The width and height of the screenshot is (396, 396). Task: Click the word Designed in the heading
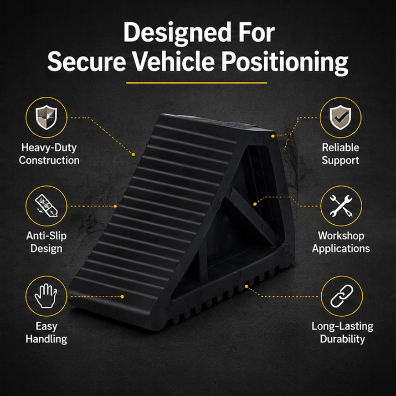(x=177, y=33)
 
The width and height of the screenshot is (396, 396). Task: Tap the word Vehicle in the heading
(x=174, y=61)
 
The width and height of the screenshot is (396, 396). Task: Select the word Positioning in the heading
(x=285, y=63)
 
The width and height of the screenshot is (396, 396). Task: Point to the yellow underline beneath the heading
(x=197, y=83)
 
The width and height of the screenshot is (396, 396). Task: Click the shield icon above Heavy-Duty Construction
(x=46, y=117)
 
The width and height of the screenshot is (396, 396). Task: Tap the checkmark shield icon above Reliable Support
(x=341, y=117)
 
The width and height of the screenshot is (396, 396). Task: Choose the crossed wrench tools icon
(x=341, y=206)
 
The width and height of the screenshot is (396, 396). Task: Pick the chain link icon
(x=342, y=296)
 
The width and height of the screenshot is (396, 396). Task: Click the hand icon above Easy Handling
(x=46, y=296)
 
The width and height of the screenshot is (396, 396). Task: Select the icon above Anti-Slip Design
(x=46, y=206)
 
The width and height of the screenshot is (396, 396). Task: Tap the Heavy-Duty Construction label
(x=49, y=154)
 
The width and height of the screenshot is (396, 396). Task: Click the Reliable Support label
(x=341, y=154)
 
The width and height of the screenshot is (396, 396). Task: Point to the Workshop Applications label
(x=341, y=242)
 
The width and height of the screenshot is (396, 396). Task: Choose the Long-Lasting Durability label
(x=342, y=332)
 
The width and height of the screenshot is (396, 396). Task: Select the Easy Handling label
(x=46, y=332)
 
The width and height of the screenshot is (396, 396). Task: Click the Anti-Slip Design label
(x=46, y=242)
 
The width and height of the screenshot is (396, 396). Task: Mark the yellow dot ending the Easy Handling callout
(x=122, y=296)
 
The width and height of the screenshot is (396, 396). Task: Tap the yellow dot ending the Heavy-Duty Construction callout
(x=133, y=155)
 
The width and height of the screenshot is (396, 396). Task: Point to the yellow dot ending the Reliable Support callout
(x=272, y=136)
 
